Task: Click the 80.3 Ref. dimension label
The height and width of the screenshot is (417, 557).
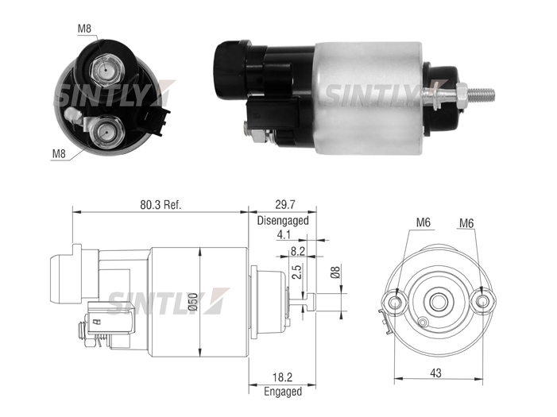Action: coord(161,205)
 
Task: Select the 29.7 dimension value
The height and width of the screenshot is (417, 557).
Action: coord(285,205)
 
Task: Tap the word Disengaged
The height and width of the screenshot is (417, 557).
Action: coord(283,221)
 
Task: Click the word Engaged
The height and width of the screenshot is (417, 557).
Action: coord(283,392)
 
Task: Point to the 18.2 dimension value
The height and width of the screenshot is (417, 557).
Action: coord(283,377)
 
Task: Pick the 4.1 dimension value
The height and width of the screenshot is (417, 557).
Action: coord(284,235)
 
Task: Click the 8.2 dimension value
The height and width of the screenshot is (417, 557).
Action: coord(298,251)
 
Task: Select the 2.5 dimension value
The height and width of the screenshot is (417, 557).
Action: coord(296,272)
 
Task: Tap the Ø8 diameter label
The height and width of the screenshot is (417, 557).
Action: coord(335,272)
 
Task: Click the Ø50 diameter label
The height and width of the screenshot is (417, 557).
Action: coord(192,302)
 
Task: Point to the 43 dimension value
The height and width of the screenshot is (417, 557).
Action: coord(435,373)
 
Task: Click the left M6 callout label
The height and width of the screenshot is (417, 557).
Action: coord(423,222)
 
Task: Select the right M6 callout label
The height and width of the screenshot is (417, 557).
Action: coord(466,223)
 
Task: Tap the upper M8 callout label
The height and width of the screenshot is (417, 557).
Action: coord(84,29)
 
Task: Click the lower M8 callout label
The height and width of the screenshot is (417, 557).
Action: coord(59,154)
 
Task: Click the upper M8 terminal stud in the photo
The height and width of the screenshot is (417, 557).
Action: coord(106,71)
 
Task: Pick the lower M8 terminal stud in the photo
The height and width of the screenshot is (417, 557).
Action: coord(106,133)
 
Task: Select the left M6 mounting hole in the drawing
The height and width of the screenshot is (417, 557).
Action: coord(395,303)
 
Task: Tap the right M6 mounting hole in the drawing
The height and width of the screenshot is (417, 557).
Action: coord(482,303)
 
